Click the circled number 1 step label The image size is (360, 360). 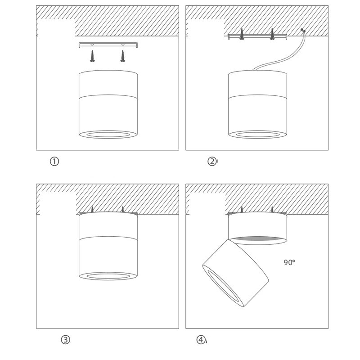[x=54, y=162]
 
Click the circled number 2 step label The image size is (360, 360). [x=212, y=162]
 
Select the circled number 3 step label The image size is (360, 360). [x=65, y=340]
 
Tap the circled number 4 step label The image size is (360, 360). [x=201, y=340]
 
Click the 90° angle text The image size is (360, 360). [x=289, y=262]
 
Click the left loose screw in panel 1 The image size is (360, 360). [x=92, y=56]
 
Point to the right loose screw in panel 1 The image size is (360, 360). [x=122, y=56]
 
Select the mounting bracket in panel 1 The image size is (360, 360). [x=108, y=45]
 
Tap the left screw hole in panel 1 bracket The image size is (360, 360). [x=92, y=44]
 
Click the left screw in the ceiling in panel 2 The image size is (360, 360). [x=241, y=34]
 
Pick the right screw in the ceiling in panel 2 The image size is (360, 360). [x=272, y=34]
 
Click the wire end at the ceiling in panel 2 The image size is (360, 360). [x=303, y=30]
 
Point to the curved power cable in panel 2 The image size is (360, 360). [x=285, y=58]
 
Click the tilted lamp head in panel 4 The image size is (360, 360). [x=235, y=273]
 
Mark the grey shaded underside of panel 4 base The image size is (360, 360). [x=257, y=239]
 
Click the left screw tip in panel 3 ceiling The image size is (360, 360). [x=92, y=207]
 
